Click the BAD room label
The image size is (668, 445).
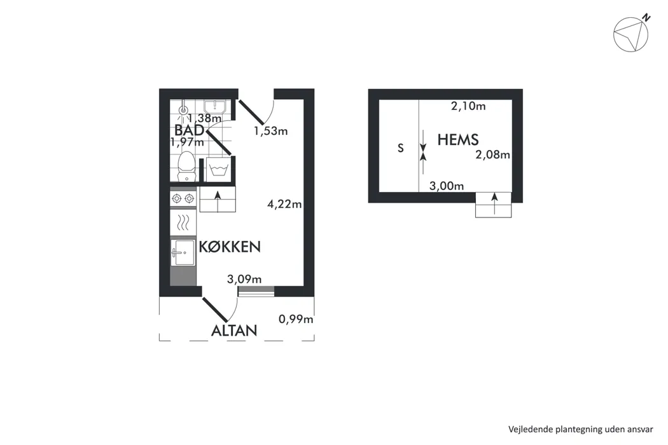[x=189, y=130]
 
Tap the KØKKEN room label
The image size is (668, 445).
[x=230, y=247]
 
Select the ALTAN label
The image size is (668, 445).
[x=234, y=331]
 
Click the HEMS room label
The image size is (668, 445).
[x=458, y=140]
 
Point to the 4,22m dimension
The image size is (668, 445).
[x=284, y=205]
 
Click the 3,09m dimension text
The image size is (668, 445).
[x=244, y=279]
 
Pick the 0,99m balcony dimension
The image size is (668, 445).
[x=296, y=319]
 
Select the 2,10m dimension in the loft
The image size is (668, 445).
[x=468, y=106]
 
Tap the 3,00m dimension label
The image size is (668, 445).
[x=447, y=186]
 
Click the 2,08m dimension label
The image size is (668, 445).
[x=492, y=154]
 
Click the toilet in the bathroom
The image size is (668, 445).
[x=186, y=166]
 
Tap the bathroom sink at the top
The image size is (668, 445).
[x=215, y=106]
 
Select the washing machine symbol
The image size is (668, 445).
[x=219, y=169]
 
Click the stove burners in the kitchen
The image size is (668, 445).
[x=183, y=198]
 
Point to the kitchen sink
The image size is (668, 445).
[x=183, y=252]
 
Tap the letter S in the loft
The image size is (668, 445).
[x=400, y=148]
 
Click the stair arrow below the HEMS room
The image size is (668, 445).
[x=494, y=203]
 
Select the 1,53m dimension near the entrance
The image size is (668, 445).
[x=270, y=131]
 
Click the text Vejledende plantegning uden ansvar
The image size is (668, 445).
[x=580, y=429]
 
